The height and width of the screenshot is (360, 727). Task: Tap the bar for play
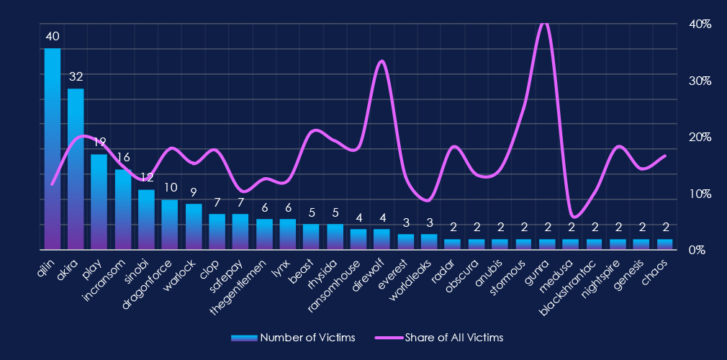(x=99, y=202)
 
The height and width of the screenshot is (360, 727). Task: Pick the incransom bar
(x=123, y=209)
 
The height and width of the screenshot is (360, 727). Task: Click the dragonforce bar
(x=170, y=224)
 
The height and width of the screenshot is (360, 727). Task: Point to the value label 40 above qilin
(x=53, y=36)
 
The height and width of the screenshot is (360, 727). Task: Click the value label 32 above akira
(x=76, y=76)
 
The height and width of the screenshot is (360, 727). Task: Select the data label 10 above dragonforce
(x=170, y=187)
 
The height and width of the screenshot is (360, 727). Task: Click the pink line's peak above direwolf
(x=381, y=61)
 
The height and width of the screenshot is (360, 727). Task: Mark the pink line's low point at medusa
(x=572, y=215)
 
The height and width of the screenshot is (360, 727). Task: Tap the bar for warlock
(x=194, y=226)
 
